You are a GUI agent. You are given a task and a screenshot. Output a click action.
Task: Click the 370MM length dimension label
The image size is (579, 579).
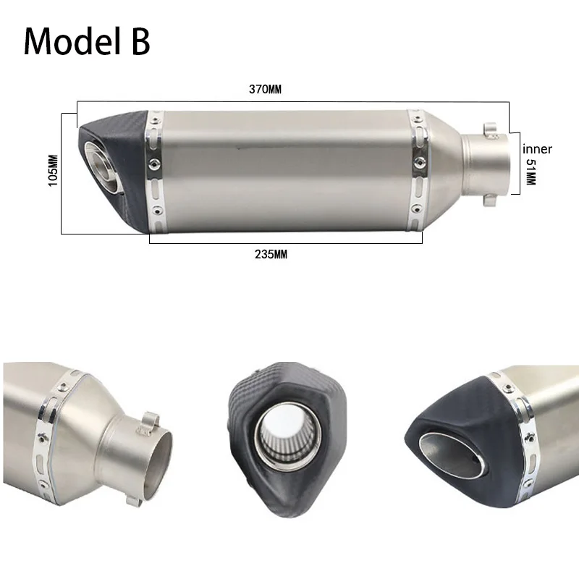tap(265, 89)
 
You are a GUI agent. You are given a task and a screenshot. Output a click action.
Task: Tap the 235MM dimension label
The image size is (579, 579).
tap(271, 255)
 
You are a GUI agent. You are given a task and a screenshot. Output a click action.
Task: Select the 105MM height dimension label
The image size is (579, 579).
tap(54, 170)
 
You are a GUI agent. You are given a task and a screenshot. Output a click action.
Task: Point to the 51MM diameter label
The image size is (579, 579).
tap(531, 172)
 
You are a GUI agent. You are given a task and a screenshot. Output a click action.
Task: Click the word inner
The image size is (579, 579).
tap(537, 149)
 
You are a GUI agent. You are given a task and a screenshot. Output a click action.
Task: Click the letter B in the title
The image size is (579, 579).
tap(140, 41)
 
